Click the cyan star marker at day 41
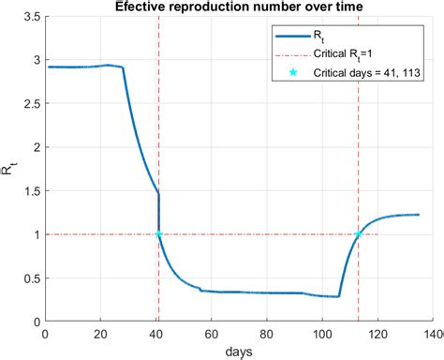pyautogui.click(x=159, y=234)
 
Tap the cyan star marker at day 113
pyautogui.click(x=359, y=234)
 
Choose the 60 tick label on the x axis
pyautogui.click(x=212, y=332)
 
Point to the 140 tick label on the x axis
pyautogui.click(x=432, y=332)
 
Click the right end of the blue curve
pyautogui.click(x=419, y=215)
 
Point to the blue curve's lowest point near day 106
pyautogui.click(x=338, y=296)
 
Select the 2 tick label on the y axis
pyautogui.click(x=35, y=148)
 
